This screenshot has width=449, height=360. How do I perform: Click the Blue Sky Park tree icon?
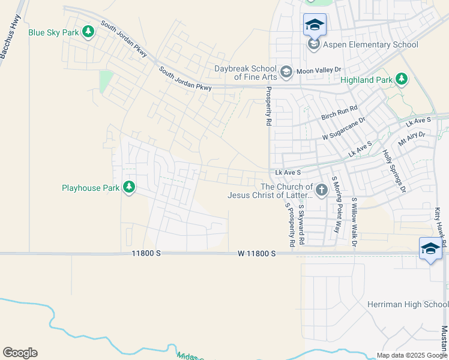(88, 31)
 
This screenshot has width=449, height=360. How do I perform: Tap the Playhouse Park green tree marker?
(128, 188)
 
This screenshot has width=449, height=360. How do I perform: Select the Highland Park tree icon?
(402, 79)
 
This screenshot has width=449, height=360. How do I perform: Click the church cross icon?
(322, 191)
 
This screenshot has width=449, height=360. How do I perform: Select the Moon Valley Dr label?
(319, 71)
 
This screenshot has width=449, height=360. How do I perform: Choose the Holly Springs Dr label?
(394, 170)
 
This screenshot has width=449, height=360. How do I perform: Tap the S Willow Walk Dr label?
(354, 222)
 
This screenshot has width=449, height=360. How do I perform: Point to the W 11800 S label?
(256, 254)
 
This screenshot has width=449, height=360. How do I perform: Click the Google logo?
(20, 353)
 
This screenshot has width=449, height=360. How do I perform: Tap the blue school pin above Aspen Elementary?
(315, 25)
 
